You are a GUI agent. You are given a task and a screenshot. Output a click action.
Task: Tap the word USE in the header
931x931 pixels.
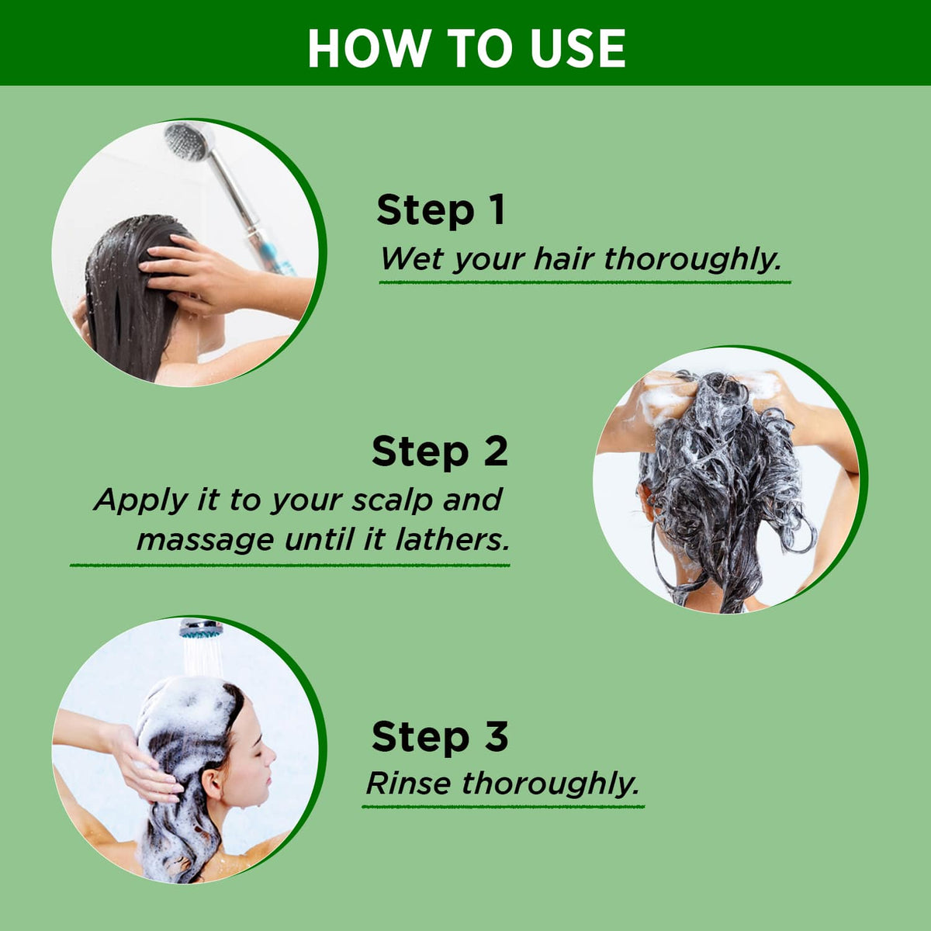577,48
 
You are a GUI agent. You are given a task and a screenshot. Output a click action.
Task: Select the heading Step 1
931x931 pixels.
441,210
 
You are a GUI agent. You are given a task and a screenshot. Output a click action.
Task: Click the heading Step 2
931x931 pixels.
440,451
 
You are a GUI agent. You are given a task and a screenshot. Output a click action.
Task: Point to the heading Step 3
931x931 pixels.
440,735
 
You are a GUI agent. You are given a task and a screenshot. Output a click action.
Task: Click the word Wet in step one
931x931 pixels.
410,258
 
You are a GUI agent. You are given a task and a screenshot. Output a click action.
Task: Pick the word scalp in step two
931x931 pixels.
391,500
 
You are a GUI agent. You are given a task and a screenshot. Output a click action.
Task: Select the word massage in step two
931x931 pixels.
206,541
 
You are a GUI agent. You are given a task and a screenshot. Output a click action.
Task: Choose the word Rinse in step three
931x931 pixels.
409,783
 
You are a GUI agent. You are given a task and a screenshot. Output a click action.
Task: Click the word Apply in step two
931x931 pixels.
141,500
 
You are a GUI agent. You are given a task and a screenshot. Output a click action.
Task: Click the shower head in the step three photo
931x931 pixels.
201,628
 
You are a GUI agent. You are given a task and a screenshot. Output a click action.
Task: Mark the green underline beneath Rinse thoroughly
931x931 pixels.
504,806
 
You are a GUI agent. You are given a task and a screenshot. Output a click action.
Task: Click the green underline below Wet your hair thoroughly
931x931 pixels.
585,282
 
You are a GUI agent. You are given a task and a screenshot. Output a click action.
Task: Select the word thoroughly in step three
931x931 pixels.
551,784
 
